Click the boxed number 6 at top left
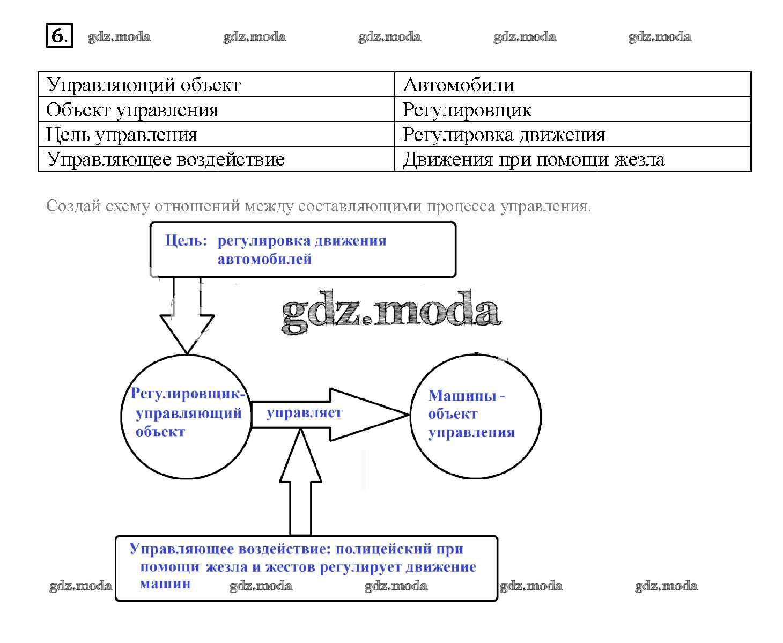pos(59,36)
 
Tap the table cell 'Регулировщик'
pos(467,110)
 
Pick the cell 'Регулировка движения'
pos(504,135)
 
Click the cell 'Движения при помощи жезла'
pos(533,159)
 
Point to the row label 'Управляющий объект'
pos(144,85)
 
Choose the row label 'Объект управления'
pos(132,110)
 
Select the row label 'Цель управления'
pos(122,135)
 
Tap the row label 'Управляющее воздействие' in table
pos(165,159)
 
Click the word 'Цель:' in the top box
pos(186,241)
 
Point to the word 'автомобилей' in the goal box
pos(264,260)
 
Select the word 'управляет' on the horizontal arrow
pos(304,412)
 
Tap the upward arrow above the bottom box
pos(300,483)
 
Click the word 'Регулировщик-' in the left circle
pos(188,394)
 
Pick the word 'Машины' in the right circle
pos(462,396)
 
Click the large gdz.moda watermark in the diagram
pos(391,312)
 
